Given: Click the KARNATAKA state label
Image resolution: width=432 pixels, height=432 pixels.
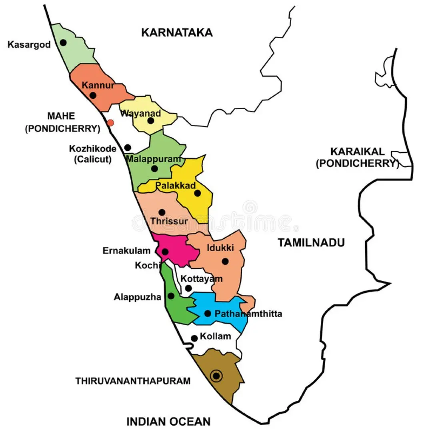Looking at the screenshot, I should pos(177,32).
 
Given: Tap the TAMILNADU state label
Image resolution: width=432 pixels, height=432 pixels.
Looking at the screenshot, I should pos(312,242).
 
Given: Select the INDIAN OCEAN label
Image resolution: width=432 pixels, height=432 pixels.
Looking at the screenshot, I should pos(168,421).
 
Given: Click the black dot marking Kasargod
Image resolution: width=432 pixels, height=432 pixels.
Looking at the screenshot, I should pos(64,42).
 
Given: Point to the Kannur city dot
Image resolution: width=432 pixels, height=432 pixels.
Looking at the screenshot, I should pos(93,95).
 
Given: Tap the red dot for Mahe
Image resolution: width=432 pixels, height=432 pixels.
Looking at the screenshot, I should pos(111,123).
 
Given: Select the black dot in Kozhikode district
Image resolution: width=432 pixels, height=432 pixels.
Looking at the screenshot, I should pos(128,148).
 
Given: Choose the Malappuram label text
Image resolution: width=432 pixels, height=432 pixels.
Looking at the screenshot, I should pos(154,159).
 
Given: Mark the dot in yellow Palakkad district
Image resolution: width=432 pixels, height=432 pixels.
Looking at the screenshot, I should pos(197,193).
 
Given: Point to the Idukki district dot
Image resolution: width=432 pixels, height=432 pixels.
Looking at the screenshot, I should pos(225,261).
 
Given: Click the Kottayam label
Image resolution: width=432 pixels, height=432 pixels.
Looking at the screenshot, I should pos(201,279).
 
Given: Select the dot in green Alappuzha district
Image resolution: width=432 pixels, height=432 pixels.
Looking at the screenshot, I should pos(171,296).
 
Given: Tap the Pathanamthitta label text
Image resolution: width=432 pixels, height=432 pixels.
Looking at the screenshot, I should pos(248,314).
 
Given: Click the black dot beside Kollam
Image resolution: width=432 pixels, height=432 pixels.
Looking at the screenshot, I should pos(194,338).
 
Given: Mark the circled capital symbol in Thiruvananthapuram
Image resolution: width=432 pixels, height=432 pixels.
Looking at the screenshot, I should pos(216,376).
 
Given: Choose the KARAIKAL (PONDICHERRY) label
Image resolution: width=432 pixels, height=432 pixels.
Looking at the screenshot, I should pos(357,158).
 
